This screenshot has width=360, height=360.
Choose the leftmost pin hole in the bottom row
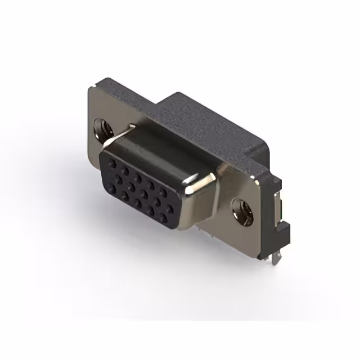click(123, 195)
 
